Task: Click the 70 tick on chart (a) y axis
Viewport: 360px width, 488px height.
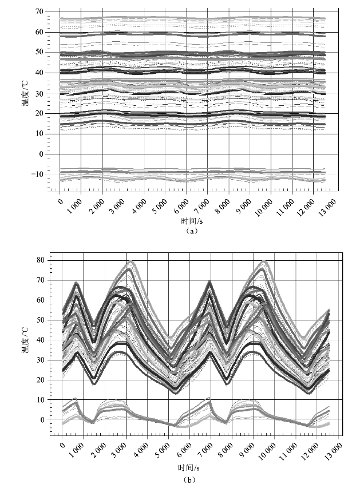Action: pyautogui.click(x=39, y=11)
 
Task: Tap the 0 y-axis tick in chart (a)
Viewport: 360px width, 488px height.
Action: pyautogui.click(x=41, y=154)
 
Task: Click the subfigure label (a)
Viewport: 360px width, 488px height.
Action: pyautogui.click(x=192, y=231)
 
